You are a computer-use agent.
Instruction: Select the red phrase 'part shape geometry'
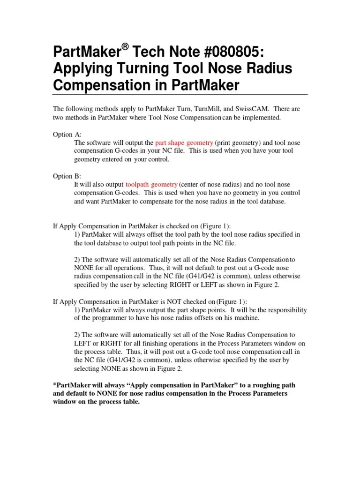[184, 142]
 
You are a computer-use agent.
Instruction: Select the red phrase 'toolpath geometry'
[151, 185]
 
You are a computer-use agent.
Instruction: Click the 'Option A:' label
[67, 135]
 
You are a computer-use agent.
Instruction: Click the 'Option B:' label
[67, 176]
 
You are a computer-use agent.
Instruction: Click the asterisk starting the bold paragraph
[54, 384]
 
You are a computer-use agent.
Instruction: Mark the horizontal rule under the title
[180, 94]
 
